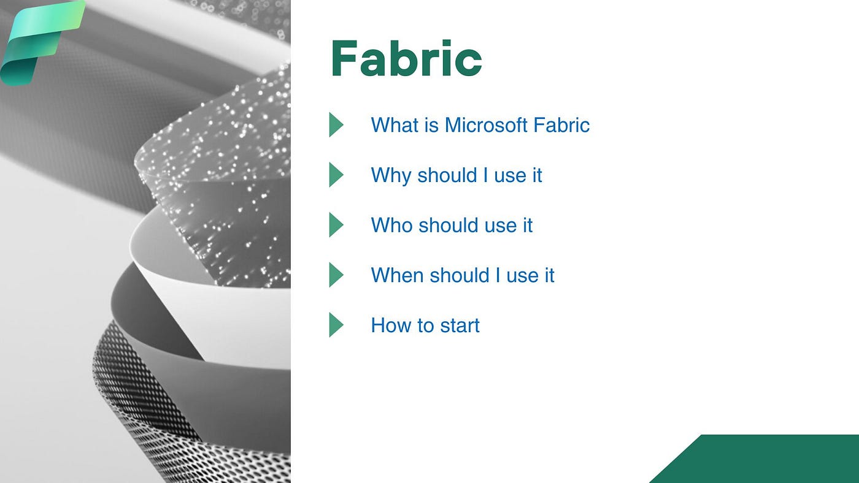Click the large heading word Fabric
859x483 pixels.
(406, 58)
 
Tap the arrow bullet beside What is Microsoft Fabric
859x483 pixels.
(336, 124)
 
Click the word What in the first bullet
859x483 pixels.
(395, 125)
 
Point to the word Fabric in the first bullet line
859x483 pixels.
(561, 125)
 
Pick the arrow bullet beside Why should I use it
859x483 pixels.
(336, 175)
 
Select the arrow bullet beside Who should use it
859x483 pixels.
(336, 225)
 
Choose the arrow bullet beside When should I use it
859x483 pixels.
(336, 275)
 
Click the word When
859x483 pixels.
(398, 275)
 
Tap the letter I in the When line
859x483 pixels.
(498, 275)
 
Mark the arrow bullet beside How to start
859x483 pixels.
(336, 325)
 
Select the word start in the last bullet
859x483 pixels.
(460, 326)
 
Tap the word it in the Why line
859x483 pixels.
(537, 175)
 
